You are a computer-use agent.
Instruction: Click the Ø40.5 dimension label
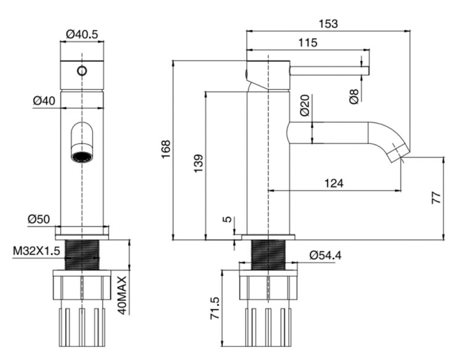click(x=82, y=34)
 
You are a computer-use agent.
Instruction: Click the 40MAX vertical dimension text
click(x=122, y=295)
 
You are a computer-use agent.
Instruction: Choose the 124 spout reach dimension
click(x=333, y=183)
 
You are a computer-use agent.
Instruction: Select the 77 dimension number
click(x=436, y=199)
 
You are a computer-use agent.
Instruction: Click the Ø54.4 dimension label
click(x=326, y=254)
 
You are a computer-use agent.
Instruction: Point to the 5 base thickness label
click(x=227, y=218)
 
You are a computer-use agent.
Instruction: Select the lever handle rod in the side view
click(x=330, y=70)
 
